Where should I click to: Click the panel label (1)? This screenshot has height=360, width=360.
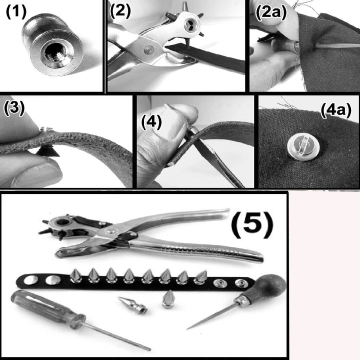(16, 11)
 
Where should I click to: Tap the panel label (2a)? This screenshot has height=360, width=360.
(271, 12)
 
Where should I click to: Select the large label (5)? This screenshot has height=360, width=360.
(252, 223)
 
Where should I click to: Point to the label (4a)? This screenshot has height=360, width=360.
(335, 110)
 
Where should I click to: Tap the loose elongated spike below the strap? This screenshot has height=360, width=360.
(132, 305)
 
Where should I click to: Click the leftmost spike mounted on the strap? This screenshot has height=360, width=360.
(75, 275)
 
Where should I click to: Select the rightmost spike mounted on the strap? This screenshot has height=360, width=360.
(200, 277)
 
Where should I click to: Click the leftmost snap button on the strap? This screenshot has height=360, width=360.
(31, 280)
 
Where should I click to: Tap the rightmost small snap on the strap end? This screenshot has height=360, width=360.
(239, 284)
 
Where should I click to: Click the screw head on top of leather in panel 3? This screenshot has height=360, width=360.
(46, 129)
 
